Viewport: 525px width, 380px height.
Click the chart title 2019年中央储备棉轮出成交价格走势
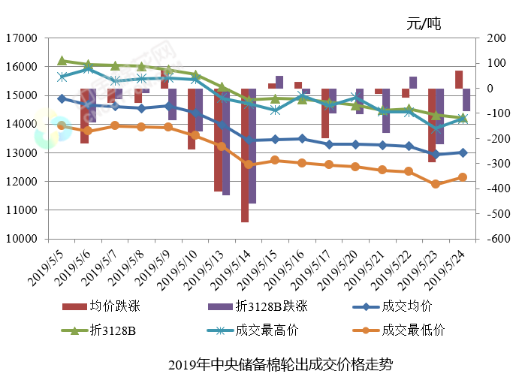click(280, 365)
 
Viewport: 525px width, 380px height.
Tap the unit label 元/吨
click(424, 23)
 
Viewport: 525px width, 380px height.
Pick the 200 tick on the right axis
click(495, 38)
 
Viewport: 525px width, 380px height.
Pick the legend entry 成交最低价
click(413, 330)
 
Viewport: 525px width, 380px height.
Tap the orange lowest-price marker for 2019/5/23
click(436, 184)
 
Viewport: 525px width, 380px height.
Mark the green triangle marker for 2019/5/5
click(62, 61)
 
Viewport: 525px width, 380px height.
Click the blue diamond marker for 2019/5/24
click(463, 152)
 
